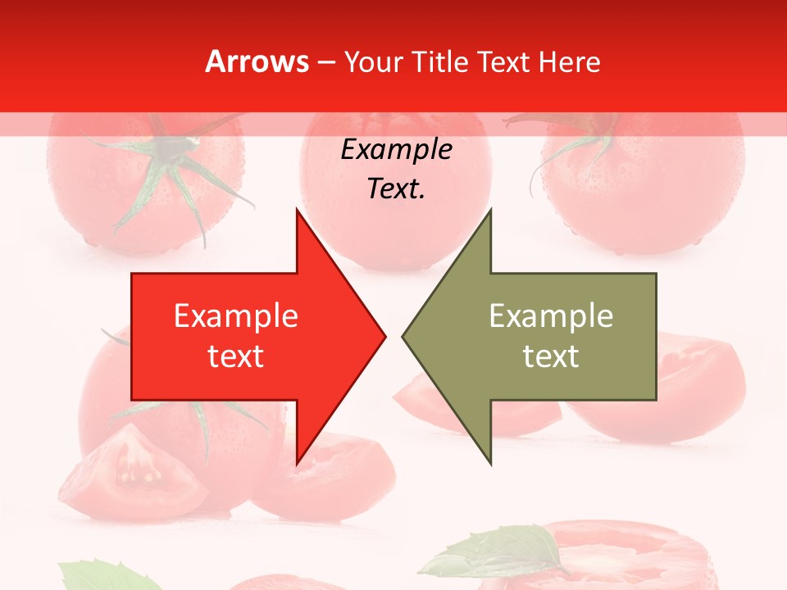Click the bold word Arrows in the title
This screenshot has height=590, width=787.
pyautogui.click(x=257, y=61)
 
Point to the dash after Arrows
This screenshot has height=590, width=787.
pyautogui.click(x=325, y=62)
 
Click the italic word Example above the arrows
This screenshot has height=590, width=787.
pyautogui.click(x=396, y=150)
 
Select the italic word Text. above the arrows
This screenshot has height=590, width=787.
pyautogui.click(x=396, y=188)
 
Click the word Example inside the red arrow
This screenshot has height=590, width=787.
pyautogui.click(x=236, y=316)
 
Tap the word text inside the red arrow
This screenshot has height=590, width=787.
pyautogui.click(x=236, y=356)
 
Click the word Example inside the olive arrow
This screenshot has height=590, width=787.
pyautogui.click(x=551, y=316)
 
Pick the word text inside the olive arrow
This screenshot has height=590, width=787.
pyautogui.click(x=551, y=356)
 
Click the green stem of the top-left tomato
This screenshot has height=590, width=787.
pyautogui.click(x=168, y=160)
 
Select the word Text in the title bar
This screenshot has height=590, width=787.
pyautogui.click(x=505, y=61)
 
